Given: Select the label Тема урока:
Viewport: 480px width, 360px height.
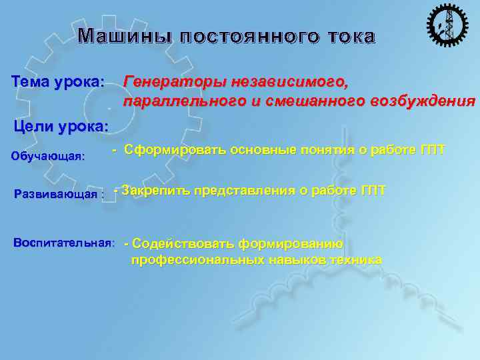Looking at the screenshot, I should point(58,82).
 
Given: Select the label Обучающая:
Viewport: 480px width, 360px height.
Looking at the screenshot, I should point(49,157).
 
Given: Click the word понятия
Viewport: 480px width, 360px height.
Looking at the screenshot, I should point(329,150).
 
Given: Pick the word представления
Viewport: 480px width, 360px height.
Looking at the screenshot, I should point(242,191).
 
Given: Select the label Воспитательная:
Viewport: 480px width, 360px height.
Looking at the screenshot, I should point(64,241).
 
